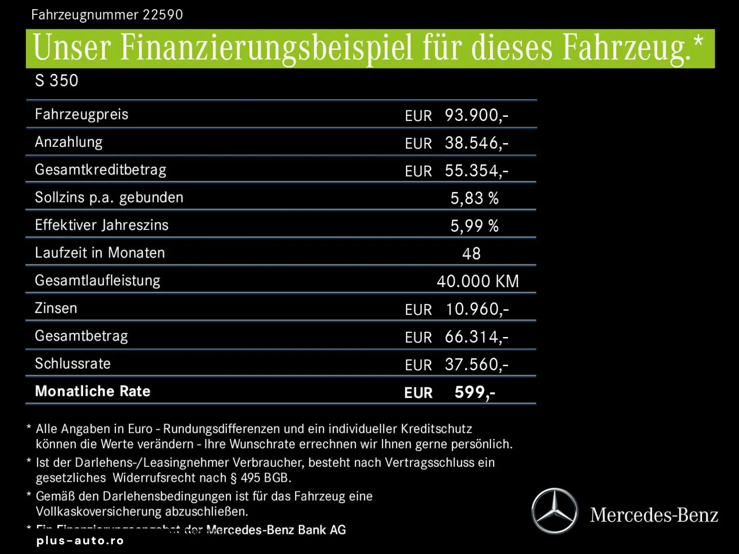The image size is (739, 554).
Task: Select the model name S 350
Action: tap(56, 81)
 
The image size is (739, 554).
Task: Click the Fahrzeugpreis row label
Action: tap(82, 114)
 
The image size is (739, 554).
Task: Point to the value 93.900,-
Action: tap(476, 115)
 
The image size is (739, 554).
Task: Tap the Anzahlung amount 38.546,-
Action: tap(476, 143)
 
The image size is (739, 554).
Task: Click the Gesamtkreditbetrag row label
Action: tap(101, 170)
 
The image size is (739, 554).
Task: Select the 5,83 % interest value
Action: tap(474, 199)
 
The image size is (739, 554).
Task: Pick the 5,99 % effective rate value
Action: tap(474, 226)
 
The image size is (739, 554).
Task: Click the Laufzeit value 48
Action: tap(471, 254)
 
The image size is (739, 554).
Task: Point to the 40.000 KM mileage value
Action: tap(478, 282)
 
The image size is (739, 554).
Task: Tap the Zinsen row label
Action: tap(56, 308)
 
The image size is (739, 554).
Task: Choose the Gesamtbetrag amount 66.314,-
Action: tap(476, 337)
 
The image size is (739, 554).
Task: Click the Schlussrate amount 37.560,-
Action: tap(476, 365)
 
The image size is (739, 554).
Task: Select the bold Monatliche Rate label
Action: tap(92, 391)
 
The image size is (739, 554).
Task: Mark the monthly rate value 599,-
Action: tap(475, 392)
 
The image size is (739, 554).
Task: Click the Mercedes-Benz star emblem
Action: tap(554, 511)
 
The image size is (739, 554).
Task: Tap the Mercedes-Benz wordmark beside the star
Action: tap(654, 515)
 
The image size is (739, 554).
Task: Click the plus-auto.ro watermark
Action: tap(80, 541)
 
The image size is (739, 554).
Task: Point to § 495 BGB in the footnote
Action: tap(261, 478)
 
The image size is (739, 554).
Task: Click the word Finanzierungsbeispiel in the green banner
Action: tap(266, 48)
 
